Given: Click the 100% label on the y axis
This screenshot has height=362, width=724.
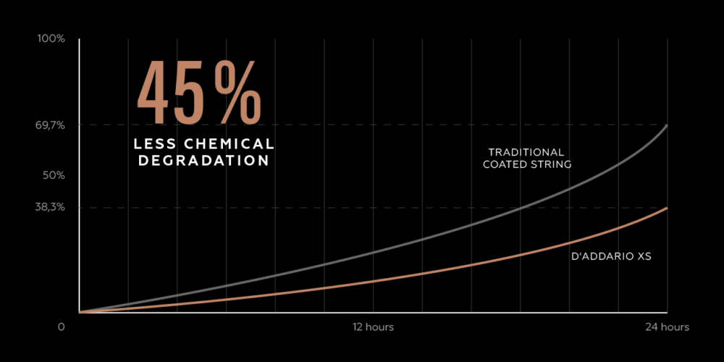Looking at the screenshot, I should point(51,38).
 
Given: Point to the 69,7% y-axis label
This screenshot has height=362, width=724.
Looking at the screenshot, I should point(50,125).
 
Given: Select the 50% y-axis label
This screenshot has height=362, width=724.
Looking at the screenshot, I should point(54,175).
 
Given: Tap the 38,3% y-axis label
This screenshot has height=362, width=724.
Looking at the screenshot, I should point(50,207).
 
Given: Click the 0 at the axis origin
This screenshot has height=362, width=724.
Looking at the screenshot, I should point(62,327).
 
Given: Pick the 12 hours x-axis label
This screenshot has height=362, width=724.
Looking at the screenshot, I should point(373,327).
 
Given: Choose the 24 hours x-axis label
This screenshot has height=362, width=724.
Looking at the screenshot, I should point(668,327).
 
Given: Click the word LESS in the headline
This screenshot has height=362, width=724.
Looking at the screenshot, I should point(158,144).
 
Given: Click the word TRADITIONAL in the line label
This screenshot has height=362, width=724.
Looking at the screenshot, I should point(526,152).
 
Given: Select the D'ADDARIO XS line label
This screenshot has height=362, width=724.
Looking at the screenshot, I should point(607,256).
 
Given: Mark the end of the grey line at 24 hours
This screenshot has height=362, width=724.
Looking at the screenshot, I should point(667,125).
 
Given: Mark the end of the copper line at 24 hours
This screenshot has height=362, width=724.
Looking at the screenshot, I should point(667,208).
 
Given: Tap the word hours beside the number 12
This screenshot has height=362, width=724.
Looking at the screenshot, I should point(380,327).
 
